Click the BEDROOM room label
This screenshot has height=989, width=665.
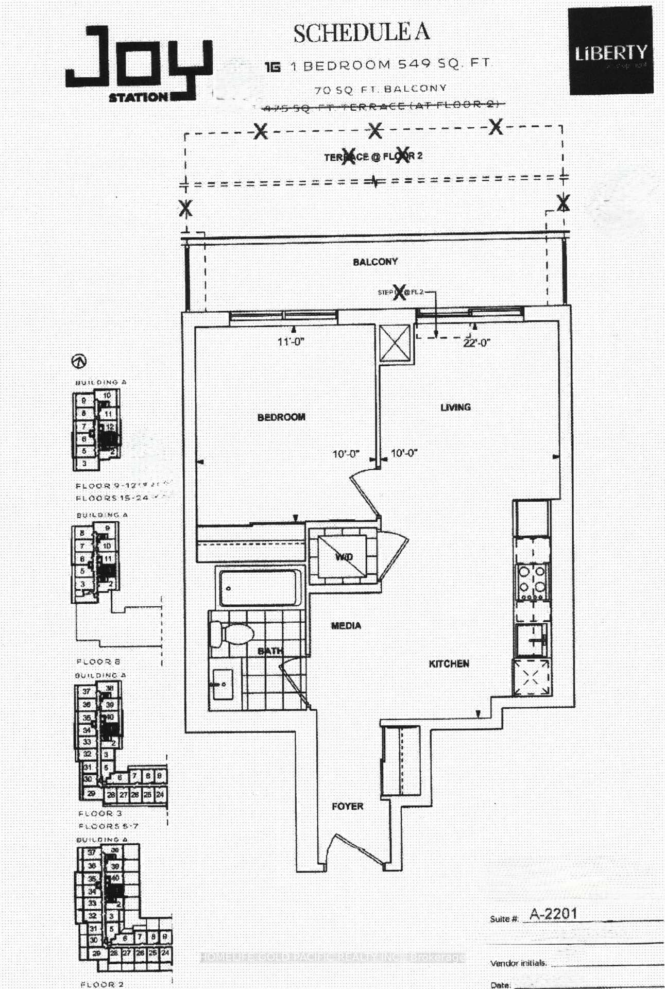[281, 417]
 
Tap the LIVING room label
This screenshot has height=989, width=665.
[455, 407]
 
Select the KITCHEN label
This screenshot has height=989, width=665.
[449, 663]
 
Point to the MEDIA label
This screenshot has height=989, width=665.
[346, 625]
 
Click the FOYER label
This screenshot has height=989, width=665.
[347, 806]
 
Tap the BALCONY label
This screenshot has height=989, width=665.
[375, 262]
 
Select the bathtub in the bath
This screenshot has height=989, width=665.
[260, 588]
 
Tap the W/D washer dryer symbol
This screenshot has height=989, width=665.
[343, 557]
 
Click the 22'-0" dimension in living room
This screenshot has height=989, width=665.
[476, 343]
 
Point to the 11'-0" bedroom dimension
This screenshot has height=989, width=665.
[291, 342]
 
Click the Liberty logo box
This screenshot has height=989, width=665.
[610, 52]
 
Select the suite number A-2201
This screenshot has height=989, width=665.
[553, 914]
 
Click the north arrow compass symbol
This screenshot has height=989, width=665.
[79, 361]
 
